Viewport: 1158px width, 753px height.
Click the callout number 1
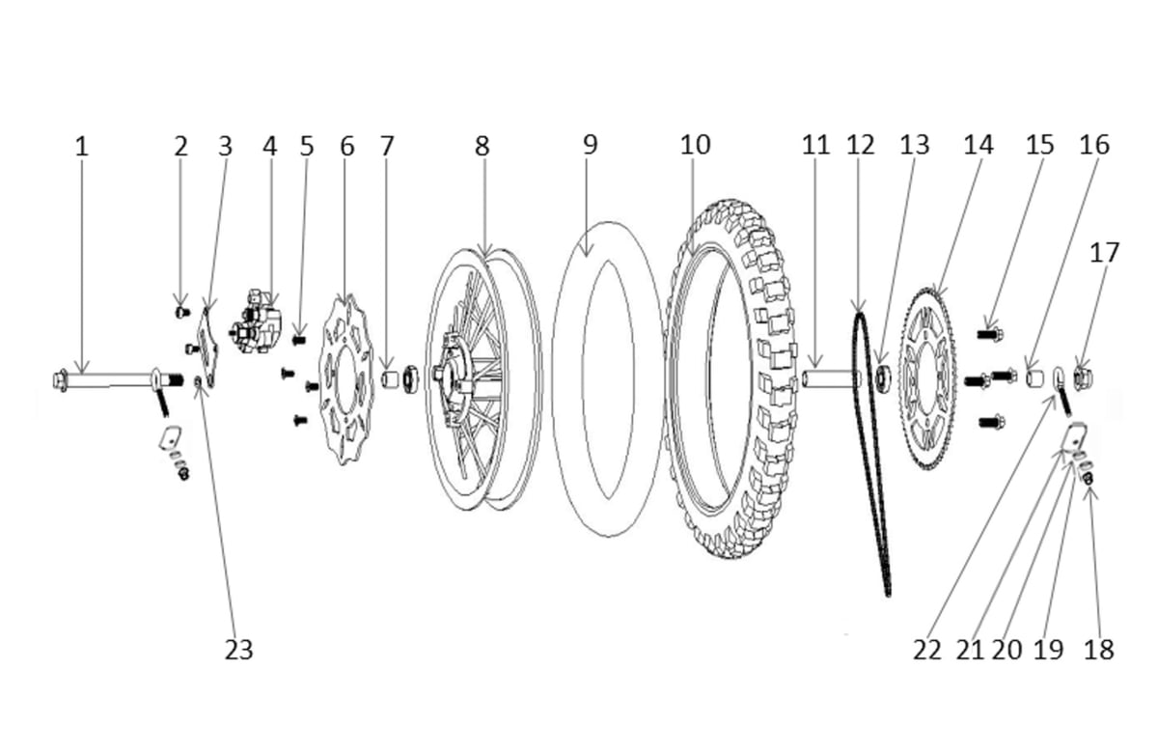(x=81, y=147)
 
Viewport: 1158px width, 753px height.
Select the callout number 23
(x=238, y=650)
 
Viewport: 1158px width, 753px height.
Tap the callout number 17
(x=1104, y=253)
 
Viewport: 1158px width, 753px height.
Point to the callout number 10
(x=695, y=145)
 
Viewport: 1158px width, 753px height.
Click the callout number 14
(x=978, y=145)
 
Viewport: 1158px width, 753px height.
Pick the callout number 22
(x=926, y=650)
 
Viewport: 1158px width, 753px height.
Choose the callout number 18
(x=1098, y=650)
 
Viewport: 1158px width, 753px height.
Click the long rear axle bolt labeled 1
(x=106, y=378)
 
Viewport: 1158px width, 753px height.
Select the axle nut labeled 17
(x=1084, y=377)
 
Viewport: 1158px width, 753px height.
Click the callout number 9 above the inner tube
(x=590, y=145)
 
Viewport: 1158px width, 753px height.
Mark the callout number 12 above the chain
(x=860, y=145)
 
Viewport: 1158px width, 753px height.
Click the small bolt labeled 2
(x=180, y=311)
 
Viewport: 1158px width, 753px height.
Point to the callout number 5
(x=307, y=147)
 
